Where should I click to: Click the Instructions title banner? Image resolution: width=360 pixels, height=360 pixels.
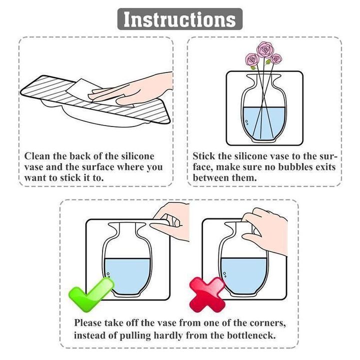tap(180, 19)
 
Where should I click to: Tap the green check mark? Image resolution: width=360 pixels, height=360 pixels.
tap(90, 294)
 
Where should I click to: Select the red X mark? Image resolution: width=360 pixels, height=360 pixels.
tap(207, 294)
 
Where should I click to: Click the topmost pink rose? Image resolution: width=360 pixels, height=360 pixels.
tap(264, 49)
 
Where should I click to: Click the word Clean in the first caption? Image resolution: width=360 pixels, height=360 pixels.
tap(37, 156)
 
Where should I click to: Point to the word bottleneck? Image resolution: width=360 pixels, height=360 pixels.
tap(251, 335)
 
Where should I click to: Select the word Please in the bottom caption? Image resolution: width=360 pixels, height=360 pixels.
tap(87, 323)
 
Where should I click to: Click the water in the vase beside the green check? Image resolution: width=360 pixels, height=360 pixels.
tap(127, 275)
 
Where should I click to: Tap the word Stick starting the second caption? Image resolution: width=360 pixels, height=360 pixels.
tap(204, 156)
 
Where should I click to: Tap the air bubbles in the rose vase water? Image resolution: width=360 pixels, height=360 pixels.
tap(247, 122)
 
